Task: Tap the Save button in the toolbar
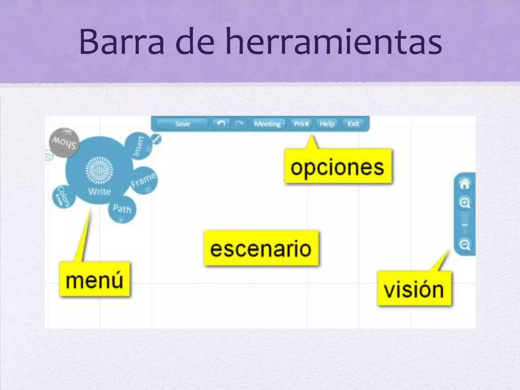pos(183,124)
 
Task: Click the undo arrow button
pos(221,124)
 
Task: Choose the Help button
pos(327,124)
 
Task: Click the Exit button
pos(353,124)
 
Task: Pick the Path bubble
pos(122,209)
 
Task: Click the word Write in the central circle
pos(99,191)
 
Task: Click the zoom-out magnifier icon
pos(465,245)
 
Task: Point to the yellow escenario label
pos(261,248)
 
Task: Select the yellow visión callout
pos(414,289)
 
